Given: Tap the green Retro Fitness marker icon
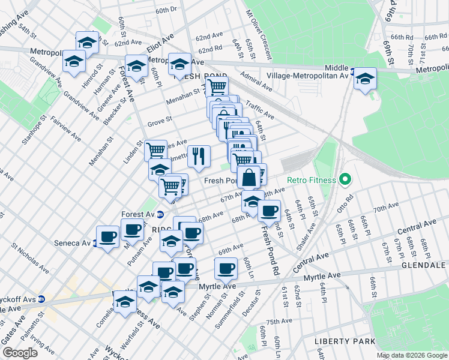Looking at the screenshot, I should pyautogui.click(x=345, y=179).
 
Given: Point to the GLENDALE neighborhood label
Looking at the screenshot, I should pyautogui.click(x=424, y=265).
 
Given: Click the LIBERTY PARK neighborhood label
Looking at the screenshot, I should pyautogui.click(x=340, y=341).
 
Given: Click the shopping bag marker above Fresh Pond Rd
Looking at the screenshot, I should pyautogui.click(x=249, y=177).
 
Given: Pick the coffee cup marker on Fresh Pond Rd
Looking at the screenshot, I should pyautogui.click(x=270, y=210).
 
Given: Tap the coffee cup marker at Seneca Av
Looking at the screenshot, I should pyautogui.click(x=108, y=236).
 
